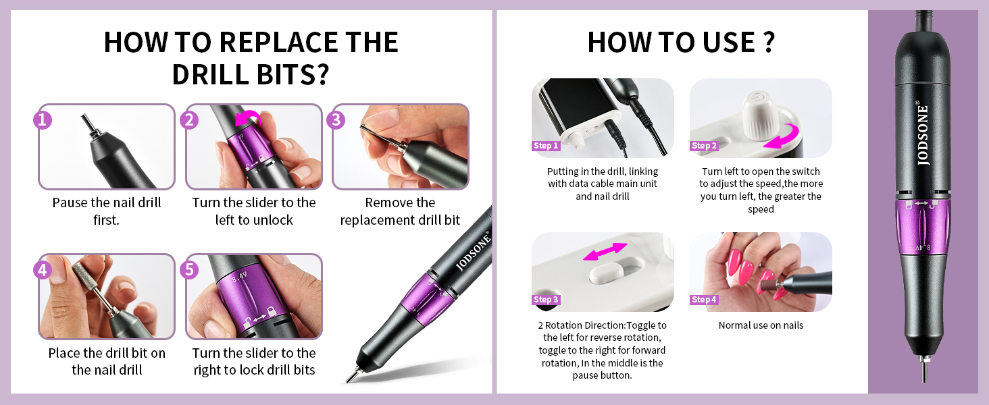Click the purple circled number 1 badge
coord(43,120)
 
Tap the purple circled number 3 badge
coord(336,120)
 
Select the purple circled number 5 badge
coord(189,270)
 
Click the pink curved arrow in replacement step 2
coord(248,119)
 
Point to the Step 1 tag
coord(546,146)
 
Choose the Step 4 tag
coord(704,300)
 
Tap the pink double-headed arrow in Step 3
coord(605,252)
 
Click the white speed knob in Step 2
coord(760,114)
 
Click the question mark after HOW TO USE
coord(769,43)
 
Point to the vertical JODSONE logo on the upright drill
coord(922,134)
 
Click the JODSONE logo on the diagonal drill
coord(473,250)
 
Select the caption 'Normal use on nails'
coord(761,325)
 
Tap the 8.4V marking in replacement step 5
coord(240,277)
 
